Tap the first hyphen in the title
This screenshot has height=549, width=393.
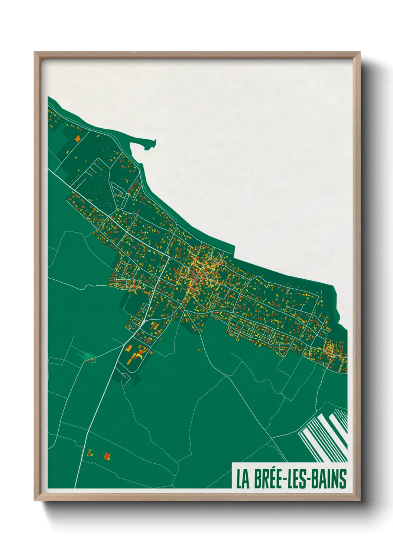point(286,480)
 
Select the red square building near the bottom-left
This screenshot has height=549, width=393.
point(107,456)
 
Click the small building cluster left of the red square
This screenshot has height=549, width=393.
point(90,453)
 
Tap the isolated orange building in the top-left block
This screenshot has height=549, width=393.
point(78,139)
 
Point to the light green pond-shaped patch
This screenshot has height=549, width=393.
point(86,355)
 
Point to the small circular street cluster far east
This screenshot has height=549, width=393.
point(329,349)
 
